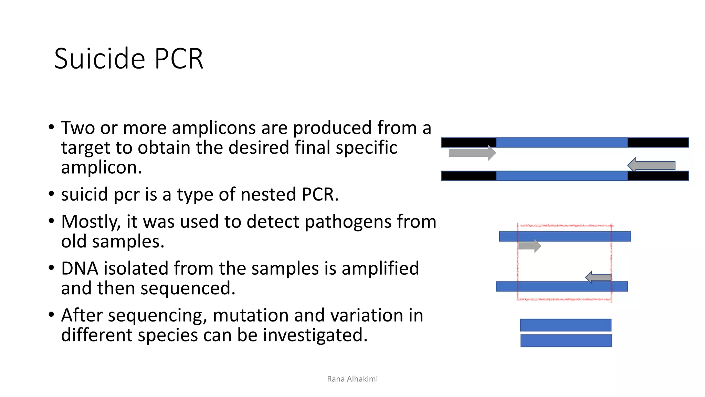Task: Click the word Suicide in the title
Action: tap(100, 59)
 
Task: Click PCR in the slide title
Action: tap(179, 59)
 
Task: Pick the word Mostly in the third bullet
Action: tap(91, 222)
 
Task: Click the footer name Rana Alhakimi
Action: tap(352, 379)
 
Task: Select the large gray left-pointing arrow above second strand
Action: tap(651, 165)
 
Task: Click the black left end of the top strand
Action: tap(468, 142)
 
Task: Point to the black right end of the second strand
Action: tap(658, 176)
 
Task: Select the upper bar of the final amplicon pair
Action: tap(565, 325)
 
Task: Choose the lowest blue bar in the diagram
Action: tap(566, 341)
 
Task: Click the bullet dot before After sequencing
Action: tap(51, 315)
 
